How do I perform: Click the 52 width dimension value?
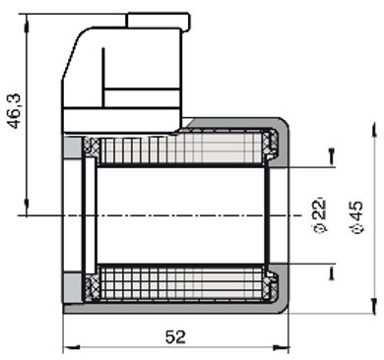174,336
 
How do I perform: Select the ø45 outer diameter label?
355,213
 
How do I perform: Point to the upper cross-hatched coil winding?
182,150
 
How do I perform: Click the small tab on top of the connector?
158,18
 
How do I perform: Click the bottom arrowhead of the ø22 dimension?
331,272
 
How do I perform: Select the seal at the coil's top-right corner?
271,149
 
